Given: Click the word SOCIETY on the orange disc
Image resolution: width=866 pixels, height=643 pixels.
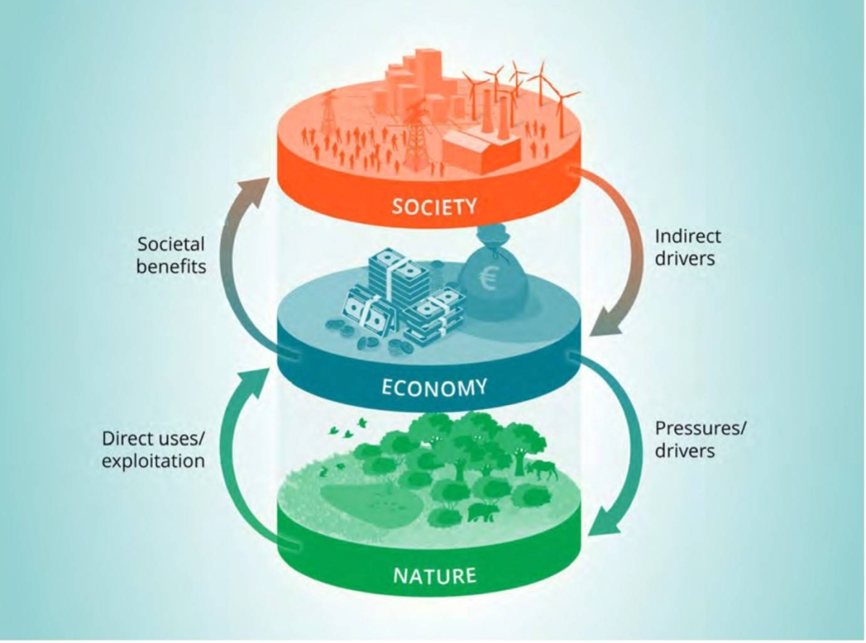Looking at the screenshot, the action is pyautogui.click(x=434, y=206).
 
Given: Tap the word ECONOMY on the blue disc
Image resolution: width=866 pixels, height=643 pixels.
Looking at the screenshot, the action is pyautogui.click(x=434, y=388).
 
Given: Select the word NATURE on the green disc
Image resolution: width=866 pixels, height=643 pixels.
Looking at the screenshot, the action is pyautogui.click(x=434, y=576).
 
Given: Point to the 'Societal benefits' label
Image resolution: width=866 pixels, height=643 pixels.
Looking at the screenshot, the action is pyautogui.click(x=171, y=255).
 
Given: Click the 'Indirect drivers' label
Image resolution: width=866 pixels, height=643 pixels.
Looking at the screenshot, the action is pyautogui.click(x=688, y=248).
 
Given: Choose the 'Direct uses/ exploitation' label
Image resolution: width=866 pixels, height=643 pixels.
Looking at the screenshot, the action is pyautogui.click(x=153, y=450).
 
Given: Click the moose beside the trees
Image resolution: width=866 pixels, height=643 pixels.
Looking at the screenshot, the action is pyautogui.click(x=541, y=471).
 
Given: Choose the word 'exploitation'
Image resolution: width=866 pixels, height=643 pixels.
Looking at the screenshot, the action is pyautogui.click(x=153, y=460).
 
